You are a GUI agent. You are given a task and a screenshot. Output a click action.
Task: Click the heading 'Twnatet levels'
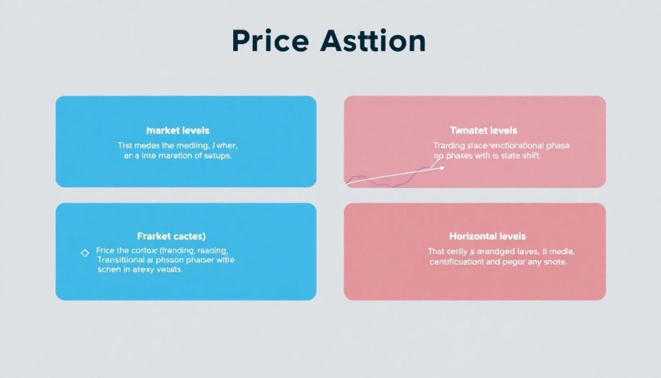[x=483, y=131]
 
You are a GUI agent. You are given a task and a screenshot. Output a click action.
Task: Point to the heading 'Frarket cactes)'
[x=176, y=236]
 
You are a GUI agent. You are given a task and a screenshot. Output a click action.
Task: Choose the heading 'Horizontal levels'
[x=487, y=236]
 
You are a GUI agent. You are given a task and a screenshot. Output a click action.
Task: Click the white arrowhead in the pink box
[x=442, y=168]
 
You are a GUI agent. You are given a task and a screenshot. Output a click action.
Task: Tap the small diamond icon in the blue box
[x=85, y=253]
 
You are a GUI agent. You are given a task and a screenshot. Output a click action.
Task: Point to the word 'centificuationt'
[x=462, y=262]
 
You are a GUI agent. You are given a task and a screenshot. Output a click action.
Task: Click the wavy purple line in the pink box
[x=387, y=180]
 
